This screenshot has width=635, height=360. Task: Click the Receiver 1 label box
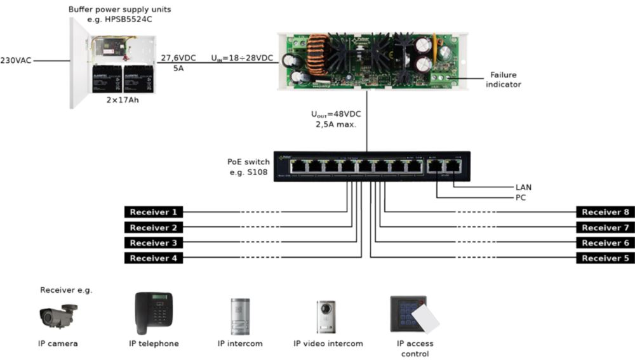pos(153,212)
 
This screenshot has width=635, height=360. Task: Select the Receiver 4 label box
pos(153,258)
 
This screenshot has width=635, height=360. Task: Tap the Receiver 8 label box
pos(605,212)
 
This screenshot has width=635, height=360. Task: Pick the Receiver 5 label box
pos(605,258)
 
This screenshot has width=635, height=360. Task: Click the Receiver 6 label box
pos(605,243)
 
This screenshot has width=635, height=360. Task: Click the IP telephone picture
pos(154,312)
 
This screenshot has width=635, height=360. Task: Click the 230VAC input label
pos(17,61)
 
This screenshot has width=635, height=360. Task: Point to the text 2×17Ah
pos(123,100)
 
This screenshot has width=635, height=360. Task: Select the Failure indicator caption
pos(504,79)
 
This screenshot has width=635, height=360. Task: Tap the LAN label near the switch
pos(524,187)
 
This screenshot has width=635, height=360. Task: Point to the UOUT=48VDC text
pos(335,115)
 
